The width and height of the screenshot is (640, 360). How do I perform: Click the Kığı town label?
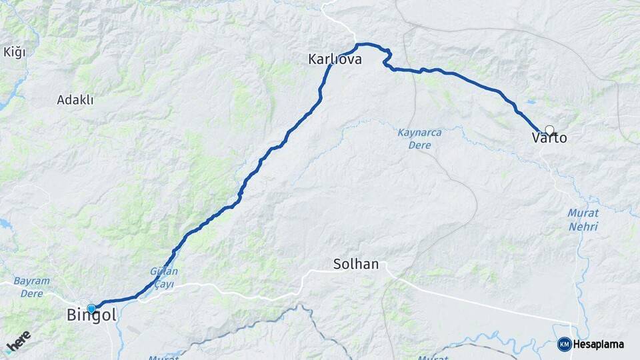tap(14, 53)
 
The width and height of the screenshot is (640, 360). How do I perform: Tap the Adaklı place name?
tap(75, 100)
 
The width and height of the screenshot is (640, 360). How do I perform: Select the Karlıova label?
tap(335, 59)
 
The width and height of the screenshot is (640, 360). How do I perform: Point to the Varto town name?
tap(549, 139)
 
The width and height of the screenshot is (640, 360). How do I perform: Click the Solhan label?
tap(356, 265)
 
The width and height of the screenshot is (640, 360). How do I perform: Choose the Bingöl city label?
tap(91, 316)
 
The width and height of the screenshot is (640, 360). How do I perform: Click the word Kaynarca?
tap(419, 133)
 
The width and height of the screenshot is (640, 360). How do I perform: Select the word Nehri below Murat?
tap(583, 227)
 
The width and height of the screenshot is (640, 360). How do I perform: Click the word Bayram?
tap(31, 281)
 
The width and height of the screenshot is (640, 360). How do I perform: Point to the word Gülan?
tap(164, 272)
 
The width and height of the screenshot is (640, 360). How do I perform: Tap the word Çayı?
tap(164, 284)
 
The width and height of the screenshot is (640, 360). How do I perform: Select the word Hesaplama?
tap(599, 344)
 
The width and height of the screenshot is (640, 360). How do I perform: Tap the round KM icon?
tap(564, 344)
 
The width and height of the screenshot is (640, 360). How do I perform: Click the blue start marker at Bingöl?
tap(91, 308)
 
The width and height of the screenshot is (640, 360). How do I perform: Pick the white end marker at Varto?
tap(549, 129)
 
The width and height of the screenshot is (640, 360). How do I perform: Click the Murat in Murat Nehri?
tap(583, 213)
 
